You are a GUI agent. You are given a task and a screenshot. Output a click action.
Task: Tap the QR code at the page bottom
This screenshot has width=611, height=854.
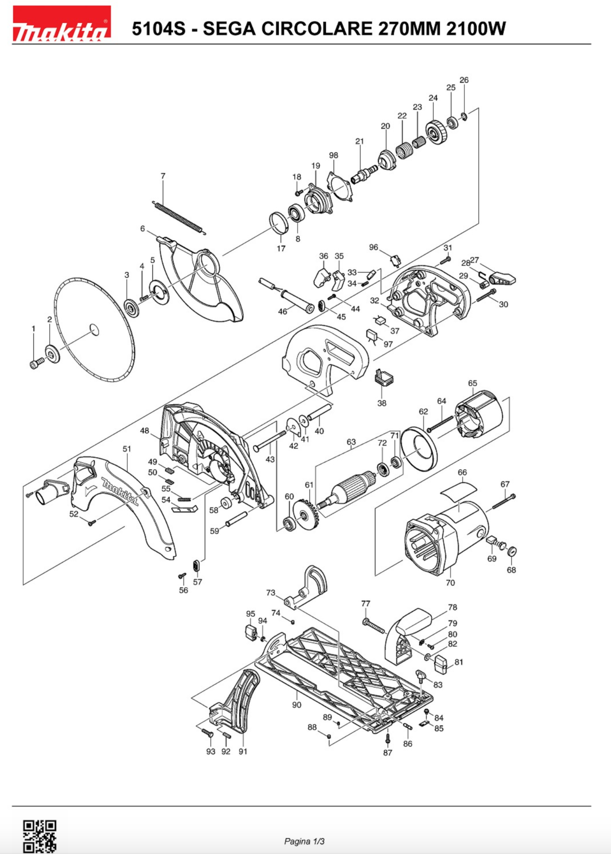40,836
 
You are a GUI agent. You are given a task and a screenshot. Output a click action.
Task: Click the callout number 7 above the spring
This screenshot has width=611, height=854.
163,176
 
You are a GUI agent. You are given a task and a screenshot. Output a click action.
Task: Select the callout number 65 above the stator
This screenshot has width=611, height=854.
472,383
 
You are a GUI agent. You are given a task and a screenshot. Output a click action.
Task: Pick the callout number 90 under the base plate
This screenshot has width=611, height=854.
297,705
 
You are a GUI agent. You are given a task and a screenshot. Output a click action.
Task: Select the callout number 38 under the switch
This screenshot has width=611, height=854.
382,403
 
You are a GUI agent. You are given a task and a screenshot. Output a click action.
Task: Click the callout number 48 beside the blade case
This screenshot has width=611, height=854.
144,431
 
